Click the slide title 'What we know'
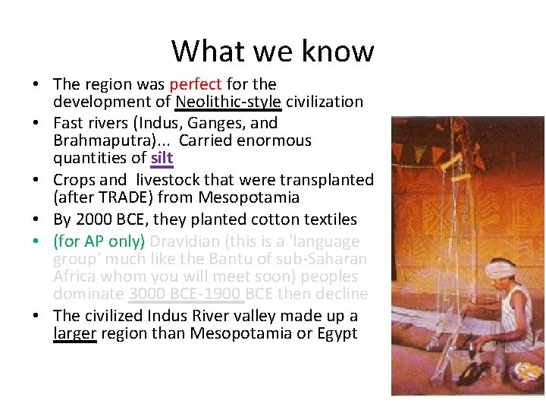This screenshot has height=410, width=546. (272, 51)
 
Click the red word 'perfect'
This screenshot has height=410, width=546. (196, 84)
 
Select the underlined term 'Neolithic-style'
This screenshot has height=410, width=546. (228, 102)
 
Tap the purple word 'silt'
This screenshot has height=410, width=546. (162, 159)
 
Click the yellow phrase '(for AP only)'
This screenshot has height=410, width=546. (99, 241)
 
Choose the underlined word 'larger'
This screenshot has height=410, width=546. (74, 334)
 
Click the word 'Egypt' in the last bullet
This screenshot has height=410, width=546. (336, 334)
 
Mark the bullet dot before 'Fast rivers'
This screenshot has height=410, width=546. (43, 123)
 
